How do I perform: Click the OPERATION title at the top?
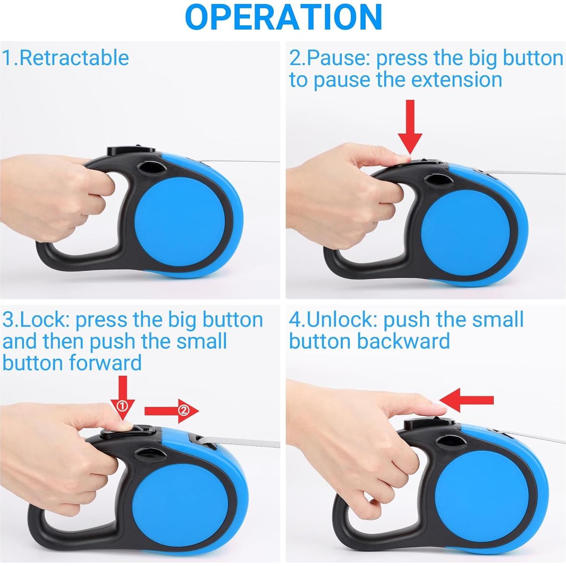283,17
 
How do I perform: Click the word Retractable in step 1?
74,58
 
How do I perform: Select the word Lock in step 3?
43,319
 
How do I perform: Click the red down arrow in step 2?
410,127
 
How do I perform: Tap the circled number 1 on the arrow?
122,406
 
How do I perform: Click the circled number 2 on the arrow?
183,410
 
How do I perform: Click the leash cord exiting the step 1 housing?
242,161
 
